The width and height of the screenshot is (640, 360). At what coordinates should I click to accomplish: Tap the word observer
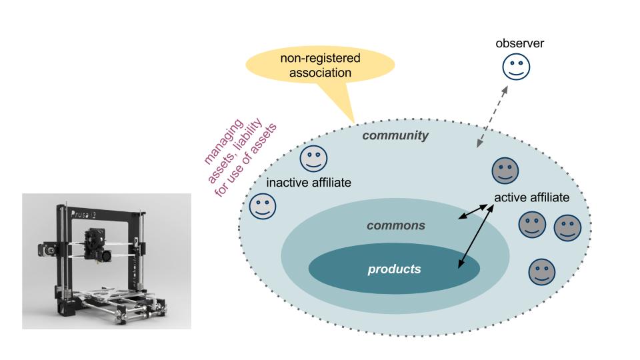(x=520, y=43)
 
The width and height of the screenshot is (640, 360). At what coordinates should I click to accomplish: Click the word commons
(x=395, y=225)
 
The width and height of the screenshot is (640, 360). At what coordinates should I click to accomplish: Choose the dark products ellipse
(x=394, y=269)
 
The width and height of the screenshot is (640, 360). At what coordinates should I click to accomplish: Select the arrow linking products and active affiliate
(x=475, y=236)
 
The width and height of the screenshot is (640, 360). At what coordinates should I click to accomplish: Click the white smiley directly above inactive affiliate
(x=313, y=158)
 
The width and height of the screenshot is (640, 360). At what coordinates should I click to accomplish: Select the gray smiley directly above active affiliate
(x=504, y=171)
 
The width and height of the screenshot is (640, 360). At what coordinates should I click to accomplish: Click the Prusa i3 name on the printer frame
(x=84, y=215)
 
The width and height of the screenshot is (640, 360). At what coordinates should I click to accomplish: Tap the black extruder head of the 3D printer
(x=94, y=243)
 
